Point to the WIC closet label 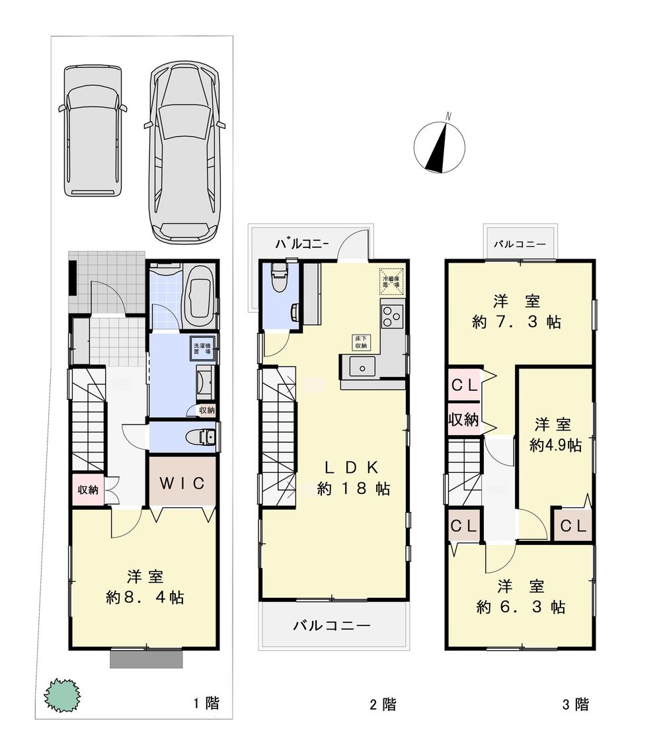(182, 482)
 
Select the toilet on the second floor (278, 276)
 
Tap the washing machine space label (201, 348)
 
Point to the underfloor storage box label (361, 343)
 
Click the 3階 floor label (575, 704)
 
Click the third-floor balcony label (520, 244)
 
